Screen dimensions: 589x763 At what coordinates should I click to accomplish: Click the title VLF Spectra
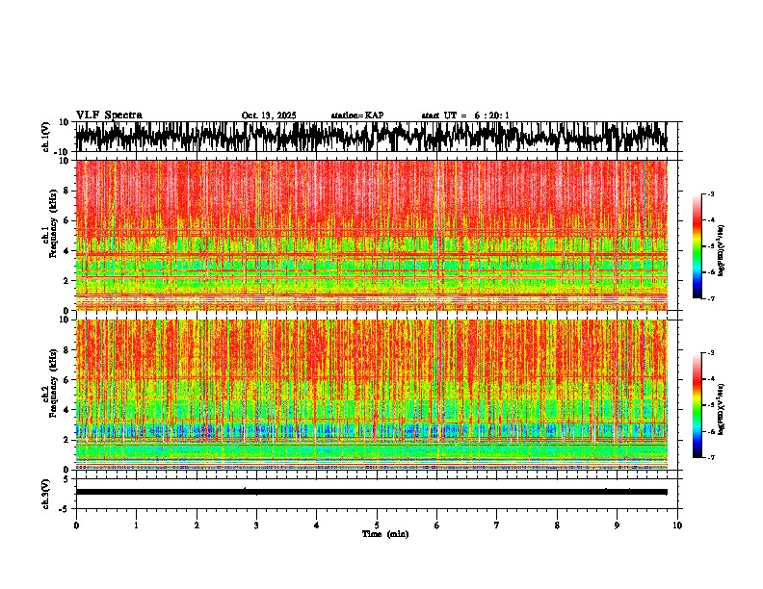[109, 115]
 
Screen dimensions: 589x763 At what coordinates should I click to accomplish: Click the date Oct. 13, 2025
[269, 115]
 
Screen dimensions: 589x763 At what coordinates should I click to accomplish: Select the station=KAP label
[356, 115]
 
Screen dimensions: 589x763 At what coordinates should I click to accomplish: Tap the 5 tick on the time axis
[377, 525]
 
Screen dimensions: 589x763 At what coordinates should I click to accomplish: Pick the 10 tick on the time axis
[677, 525]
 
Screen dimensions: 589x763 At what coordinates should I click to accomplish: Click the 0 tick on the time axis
[76, 525]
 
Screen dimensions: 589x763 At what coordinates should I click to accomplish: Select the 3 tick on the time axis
[256, 525]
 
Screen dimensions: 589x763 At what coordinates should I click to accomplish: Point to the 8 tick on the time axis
[557, 525]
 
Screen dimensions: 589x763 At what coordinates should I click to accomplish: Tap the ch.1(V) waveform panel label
[45, 138]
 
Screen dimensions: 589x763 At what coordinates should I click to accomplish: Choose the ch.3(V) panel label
[45, 492]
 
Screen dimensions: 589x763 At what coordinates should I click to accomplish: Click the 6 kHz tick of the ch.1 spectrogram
[68, 220]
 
